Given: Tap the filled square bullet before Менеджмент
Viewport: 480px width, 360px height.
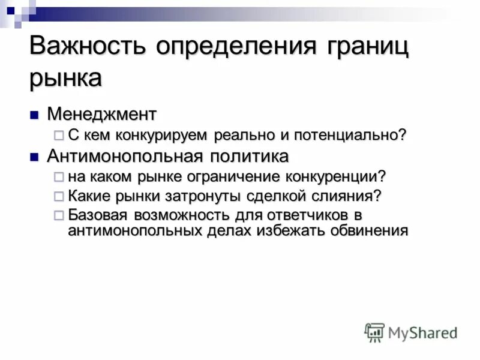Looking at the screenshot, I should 35,113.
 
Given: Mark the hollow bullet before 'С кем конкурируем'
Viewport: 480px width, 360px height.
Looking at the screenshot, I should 58,136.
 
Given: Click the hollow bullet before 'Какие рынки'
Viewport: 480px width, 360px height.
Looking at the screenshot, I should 58,196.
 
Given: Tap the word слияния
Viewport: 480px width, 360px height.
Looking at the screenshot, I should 350,196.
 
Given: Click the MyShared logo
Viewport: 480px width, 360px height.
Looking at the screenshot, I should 412,332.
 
